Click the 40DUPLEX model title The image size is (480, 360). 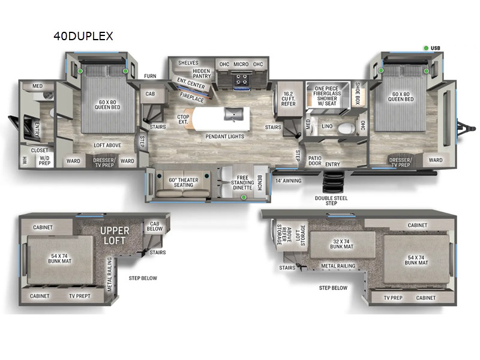pyautogui.click(x=83, y=36)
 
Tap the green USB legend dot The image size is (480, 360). pyautogui.click(x=426, y=48)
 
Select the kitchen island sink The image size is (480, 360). pyautogui.click(x=233, y=114)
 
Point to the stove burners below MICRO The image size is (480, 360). pyautogui.click(x=241, y=80)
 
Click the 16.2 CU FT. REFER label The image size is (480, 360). pyautogui.click(x=289, y=99)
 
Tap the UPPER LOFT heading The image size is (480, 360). pyautogui.click(x=115, y=235)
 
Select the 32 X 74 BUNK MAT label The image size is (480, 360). pyautogui.click(x=341, y=244)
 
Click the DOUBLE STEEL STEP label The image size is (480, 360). pyautogui.click(x=331, y=200)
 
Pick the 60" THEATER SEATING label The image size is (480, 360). pyautogui.click(x=184, y=182)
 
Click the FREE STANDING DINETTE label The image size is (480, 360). pyautogui.click(x=242, y=182)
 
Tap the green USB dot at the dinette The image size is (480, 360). pyautogui.click(x=244, y=197)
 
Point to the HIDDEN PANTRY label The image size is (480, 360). pyautogui.click(x=202, y=73)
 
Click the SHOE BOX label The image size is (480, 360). pyautogui.click(x=357, y=93)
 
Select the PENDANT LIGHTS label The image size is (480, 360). pyautogui.click(x=224, y=137)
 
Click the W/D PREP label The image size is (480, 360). pyautogui.click(x=44, y=161)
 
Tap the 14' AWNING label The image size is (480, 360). pyautogui.click(x=289, y=181)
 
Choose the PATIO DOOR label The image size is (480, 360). pyautogui.click(x=314, y=161)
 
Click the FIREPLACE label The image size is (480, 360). pyautogui.click(x=191, y=97)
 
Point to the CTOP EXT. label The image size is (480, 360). pyautogui.click(x=183, y=119)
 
